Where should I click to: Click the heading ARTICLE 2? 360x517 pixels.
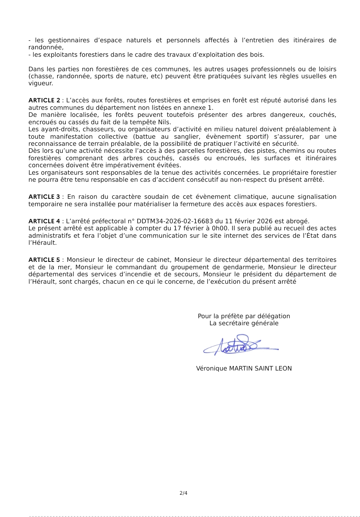click(44, 101)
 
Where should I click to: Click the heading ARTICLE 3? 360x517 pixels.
click(44, 197)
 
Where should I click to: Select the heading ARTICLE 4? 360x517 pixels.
click(44, 221)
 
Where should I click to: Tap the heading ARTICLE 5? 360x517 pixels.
click(44, 260)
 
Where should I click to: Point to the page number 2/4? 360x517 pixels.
click(183, 493)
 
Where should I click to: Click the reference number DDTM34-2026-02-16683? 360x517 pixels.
click(175, 221)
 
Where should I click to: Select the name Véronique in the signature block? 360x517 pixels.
click(212, 369)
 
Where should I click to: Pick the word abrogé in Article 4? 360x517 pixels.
click(297, 221)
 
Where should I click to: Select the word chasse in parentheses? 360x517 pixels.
click(42, 76)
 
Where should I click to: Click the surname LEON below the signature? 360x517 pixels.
click(283, 369)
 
